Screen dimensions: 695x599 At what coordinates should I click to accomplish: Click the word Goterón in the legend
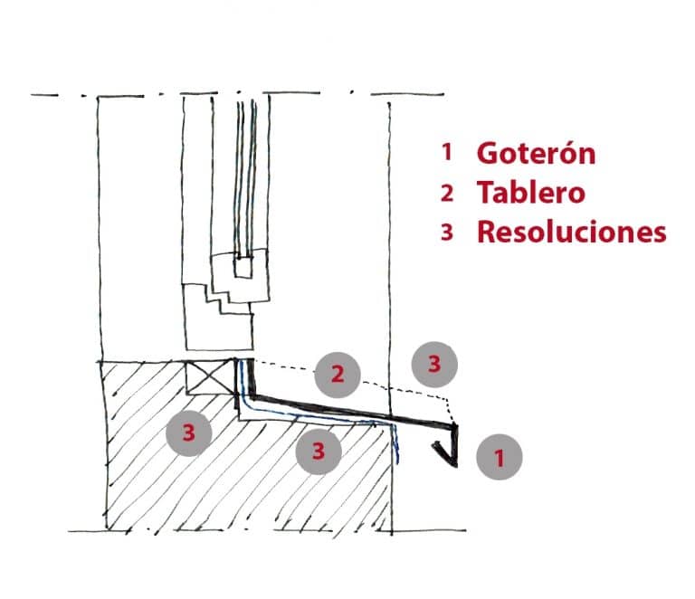click(x=536, y=153)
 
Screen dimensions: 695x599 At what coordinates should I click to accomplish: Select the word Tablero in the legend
click(x=531, y=193)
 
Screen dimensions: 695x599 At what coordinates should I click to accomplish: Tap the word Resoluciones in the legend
click(x=572, y=232)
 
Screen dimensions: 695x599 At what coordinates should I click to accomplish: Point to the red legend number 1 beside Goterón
click(x=447, y=152)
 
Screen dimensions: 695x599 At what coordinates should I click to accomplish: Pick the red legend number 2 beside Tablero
click(x=447, y=193)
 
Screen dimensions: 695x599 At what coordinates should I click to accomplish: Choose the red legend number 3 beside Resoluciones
click(x=447, y=233)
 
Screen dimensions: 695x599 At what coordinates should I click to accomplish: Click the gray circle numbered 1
click(x=500, y=457)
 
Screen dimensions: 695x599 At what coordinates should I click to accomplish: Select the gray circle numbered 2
click(x=338, y=375)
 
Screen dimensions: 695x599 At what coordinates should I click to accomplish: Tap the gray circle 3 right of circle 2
click(x=434, y=364)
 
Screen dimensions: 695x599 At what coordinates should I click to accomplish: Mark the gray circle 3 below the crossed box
click(x=188, y=433)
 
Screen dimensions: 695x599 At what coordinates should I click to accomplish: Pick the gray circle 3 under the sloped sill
click(x=319, y=452)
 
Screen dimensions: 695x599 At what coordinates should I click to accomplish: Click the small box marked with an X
click(x=210, y=377)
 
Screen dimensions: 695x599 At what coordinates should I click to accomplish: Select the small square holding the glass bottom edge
click(x=243, y=267)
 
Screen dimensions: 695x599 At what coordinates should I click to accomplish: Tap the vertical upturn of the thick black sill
click(x=252, y=377)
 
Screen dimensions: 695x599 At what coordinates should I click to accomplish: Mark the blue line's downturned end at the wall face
click(x=396, y=444)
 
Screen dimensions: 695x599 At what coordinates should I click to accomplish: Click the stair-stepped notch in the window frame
click(x=218, y=298)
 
